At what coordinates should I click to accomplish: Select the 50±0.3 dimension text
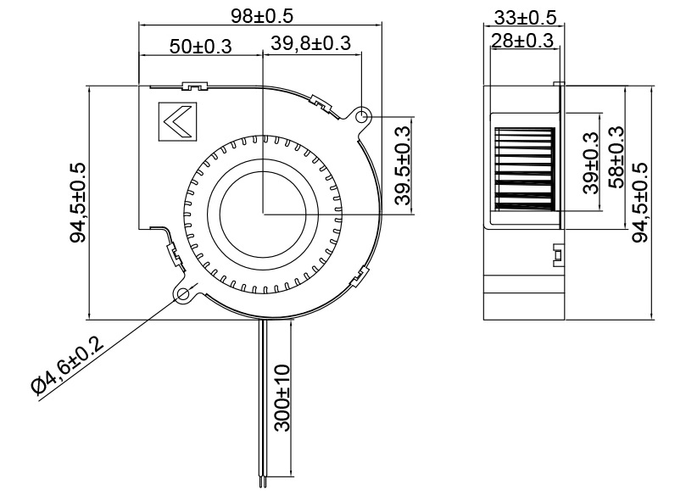(x=200, y=47)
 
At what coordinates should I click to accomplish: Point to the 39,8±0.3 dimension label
(x=311, y=44)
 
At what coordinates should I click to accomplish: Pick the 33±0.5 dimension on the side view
(x=524, y=17)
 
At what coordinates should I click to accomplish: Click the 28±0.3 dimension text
(x=521, y=40)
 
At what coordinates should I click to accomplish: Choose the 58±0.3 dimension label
(x=616, y=156)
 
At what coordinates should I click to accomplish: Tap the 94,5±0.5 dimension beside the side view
(x=641, y=202)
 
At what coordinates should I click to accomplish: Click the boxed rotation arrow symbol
(x=176, y=124)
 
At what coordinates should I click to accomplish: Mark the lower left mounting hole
(x=184, y=294)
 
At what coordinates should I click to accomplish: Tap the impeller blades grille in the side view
(x=523, y=169)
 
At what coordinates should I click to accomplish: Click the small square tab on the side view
(x=557, y=254)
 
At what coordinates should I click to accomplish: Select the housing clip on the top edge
(x=194, y=86)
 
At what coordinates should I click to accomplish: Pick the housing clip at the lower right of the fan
(x=363, y=272)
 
